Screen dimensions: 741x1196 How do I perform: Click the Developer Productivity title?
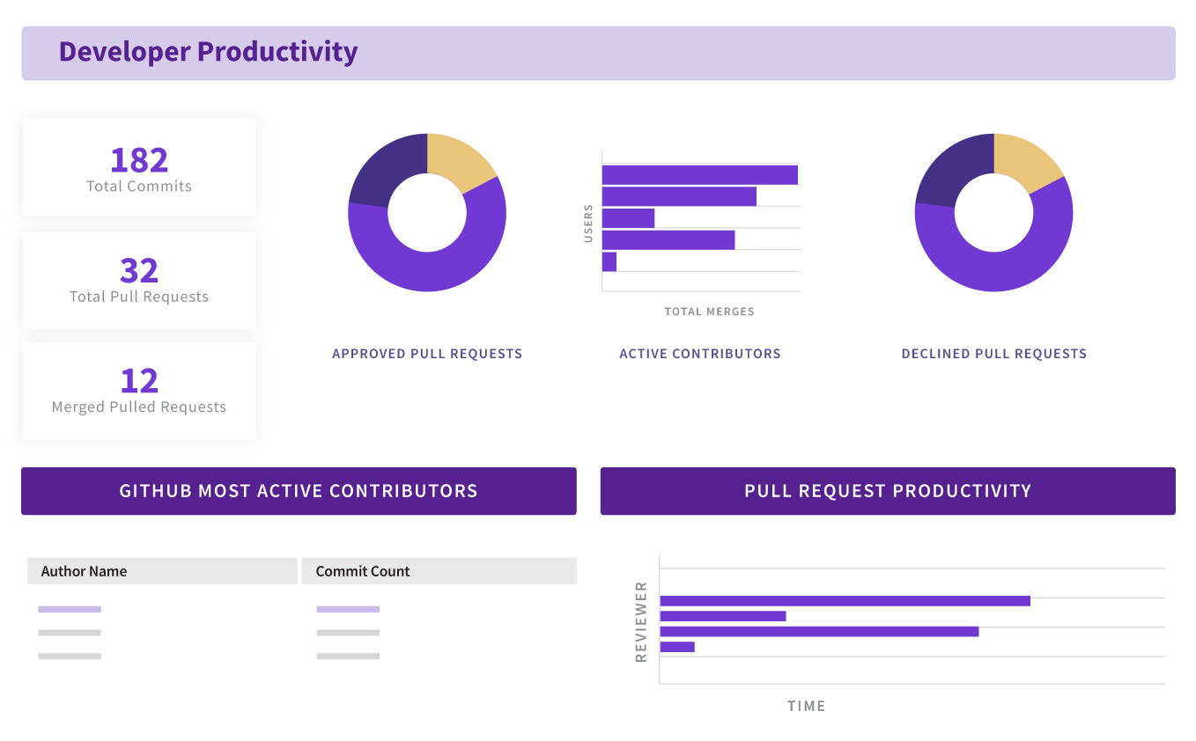point(208,52)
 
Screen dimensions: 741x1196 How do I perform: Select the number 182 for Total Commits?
point(139,160)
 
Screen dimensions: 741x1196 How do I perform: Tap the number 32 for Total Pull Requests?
point(139,270)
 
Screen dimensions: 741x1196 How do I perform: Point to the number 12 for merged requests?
point(139,380)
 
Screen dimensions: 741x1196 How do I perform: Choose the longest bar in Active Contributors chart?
point(699,175)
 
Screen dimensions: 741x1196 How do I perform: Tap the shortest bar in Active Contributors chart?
point(609,261)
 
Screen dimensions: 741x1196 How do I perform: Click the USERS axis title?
point(588,224)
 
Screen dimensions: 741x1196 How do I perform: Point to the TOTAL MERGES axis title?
point(709,312)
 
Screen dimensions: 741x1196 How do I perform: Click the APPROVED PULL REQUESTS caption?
point(427,354)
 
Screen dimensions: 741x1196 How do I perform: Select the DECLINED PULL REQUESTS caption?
point(993,354)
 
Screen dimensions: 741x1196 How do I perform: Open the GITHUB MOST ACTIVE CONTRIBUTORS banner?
point(299,491)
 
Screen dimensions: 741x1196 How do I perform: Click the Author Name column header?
point(84,571)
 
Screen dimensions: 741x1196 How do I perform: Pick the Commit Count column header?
point(363,571)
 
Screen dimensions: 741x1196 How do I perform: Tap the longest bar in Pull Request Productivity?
point(845,601)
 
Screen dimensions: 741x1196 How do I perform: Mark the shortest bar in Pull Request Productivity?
point(677,647)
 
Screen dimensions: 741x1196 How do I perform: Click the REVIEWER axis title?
point(641,621)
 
